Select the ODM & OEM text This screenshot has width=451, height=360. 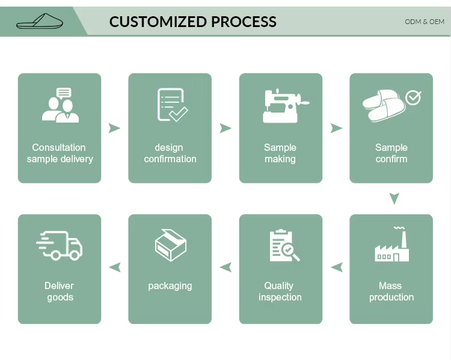point(425,22)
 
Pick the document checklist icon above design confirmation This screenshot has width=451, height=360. point(171,105)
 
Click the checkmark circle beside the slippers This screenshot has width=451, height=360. point(413,97)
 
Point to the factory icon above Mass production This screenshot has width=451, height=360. point(392,245)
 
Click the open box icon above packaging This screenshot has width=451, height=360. point(171,245)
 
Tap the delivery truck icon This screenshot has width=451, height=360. point(60,245)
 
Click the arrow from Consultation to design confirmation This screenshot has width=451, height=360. point(114,128)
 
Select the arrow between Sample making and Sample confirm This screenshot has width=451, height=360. point(336,128)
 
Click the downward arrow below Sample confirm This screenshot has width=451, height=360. point(394,198)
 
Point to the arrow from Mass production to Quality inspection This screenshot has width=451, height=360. point(337,267)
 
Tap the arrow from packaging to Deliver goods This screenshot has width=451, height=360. point(114,267)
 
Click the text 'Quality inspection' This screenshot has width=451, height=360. point(280,291)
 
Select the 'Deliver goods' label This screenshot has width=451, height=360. point(60,291)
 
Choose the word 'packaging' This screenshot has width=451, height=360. point(170,285)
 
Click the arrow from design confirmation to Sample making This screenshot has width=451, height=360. point(226,128)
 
